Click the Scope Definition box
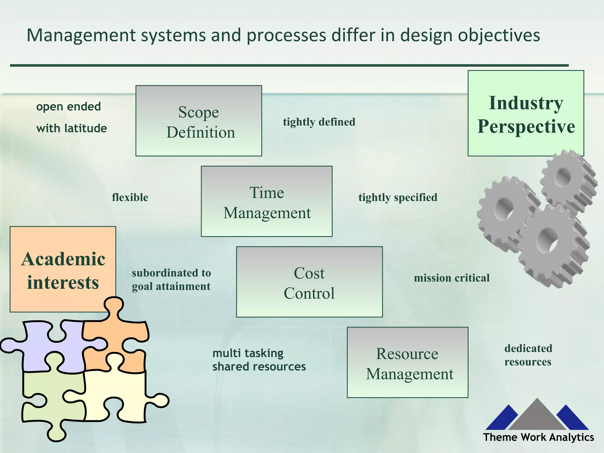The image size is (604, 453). coord(198,121)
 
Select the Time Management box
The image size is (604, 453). coord(267,201)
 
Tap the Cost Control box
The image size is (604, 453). coord(309,282)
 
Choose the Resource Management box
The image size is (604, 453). coord(408,362)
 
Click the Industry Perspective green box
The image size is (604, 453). coord(526,113)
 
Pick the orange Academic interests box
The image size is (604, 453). coord(63,269)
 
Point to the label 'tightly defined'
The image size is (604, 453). coord(319,122)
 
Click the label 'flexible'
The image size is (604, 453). coord(130,197)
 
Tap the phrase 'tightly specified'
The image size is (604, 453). coord(398,197)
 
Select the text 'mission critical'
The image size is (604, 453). coord(452,278)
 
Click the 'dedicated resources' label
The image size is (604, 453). coord(528,355)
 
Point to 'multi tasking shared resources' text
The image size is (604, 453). coord(259,360)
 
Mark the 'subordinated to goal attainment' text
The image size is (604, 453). coord(171,280)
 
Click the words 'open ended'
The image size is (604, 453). coord(68,106)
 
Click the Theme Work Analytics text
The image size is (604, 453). coord(538,437)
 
